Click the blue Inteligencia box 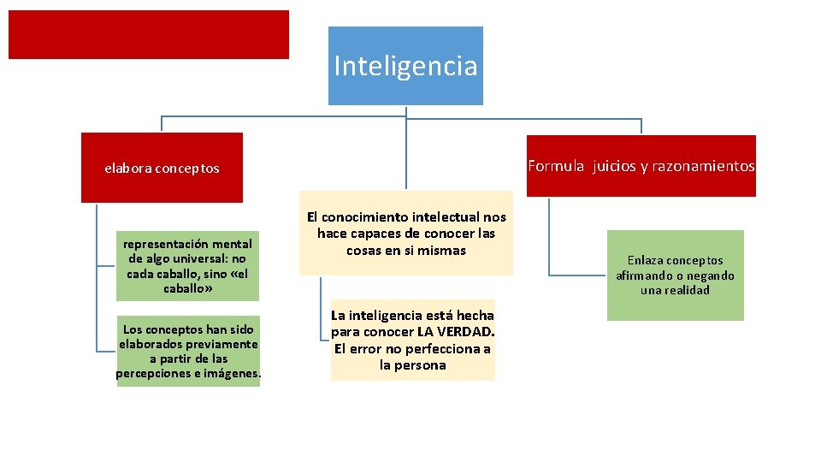(x=405, y=66)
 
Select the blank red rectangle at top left (x=149, y=34)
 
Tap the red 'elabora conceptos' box (x=162, y=168)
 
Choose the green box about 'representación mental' (x=188, y=266)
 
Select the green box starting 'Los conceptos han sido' (x=188, y=351)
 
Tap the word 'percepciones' (x=153, y=374)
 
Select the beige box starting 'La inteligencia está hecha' (x=413, y=340)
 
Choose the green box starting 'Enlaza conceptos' (x=675, y=275)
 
